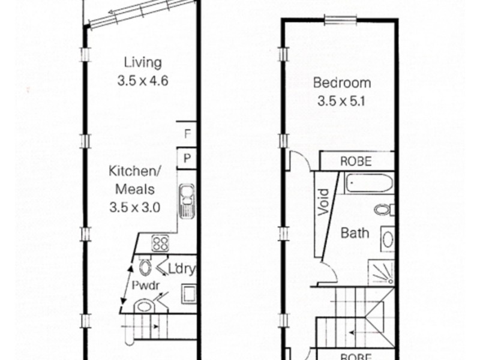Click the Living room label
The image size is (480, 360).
[x=143, y=62]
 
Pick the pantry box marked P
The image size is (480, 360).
[x=187, y=159]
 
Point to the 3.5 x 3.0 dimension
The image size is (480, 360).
[x=135, y=208]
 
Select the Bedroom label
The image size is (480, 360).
[x=341, y=83]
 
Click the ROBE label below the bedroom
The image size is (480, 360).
[x=356, y=161]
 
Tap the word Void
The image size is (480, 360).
[x=323, y=201]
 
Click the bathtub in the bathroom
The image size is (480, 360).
[x=368, y=184]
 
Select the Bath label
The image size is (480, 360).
[x=355, y=233]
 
